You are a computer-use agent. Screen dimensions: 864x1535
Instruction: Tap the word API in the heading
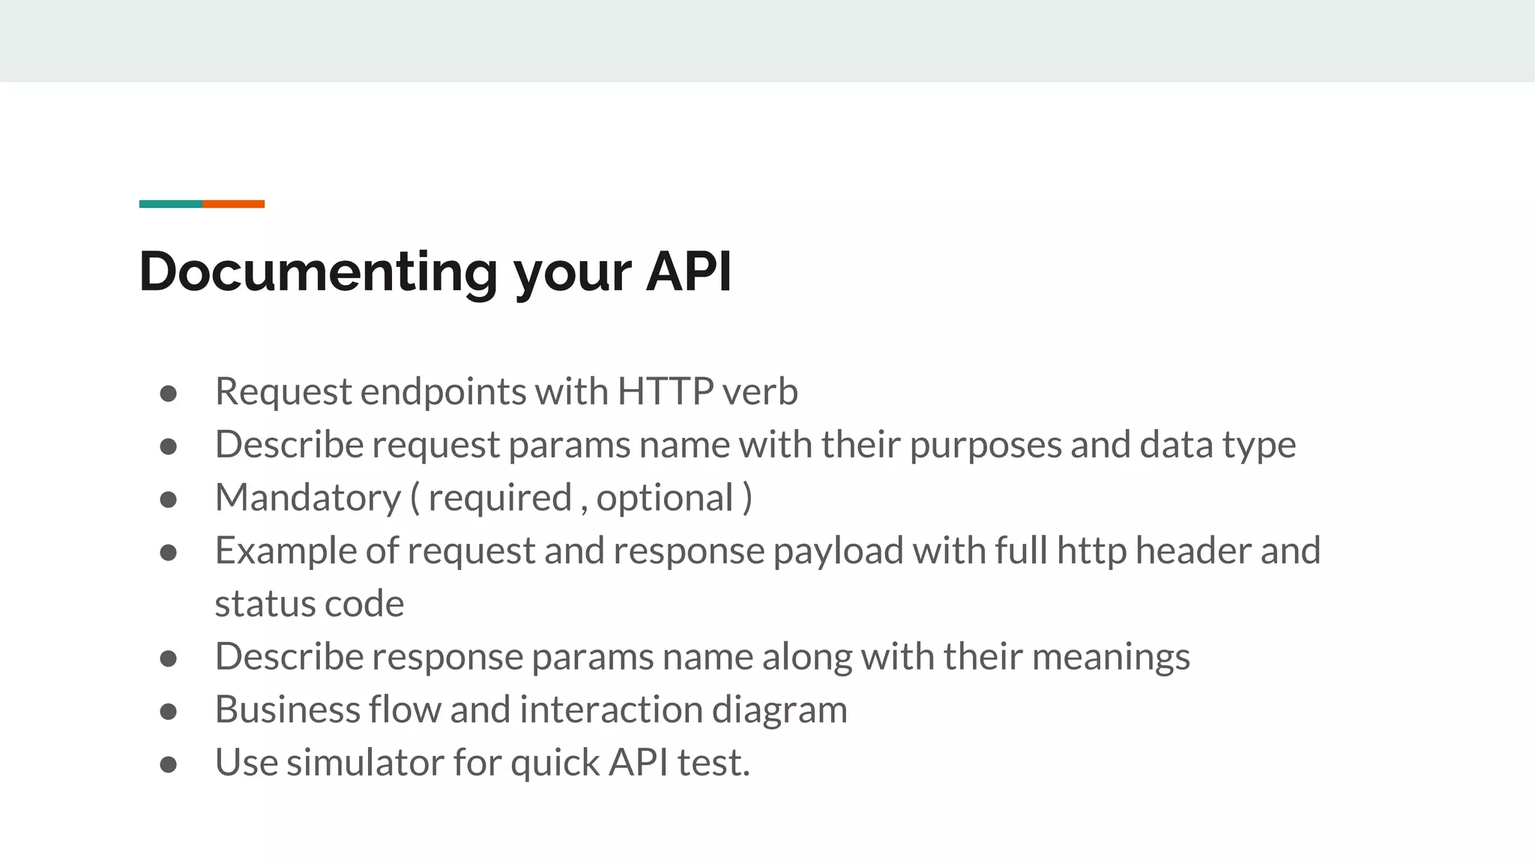click(688, 271)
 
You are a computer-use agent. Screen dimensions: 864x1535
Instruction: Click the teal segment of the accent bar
click(171, 204)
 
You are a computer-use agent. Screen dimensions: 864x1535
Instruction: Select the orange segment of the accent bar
click(233, 204)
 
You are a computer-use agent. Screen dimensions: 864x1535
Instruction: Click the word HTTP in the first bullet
click(665, 391)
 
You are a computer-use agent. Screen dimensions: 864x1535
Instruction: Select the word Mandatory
click(308, 498)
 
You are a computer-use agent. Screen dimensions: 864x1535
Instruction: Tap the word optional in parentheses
click(665, 499)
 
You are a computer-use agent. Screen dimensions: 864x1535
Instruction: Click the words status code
click(309, 604)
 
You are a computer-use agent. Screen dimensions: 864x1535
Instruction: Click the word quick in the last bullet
click(555, 763)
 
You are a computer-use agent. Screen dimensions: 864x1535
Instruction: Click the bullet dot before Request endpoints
click(169, 394)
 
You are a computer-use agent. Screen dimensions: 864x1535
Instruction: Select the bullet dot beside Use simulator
click(169, 765)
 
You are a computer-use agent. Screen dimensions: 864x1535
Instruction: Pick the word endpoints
click(443, 392)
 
